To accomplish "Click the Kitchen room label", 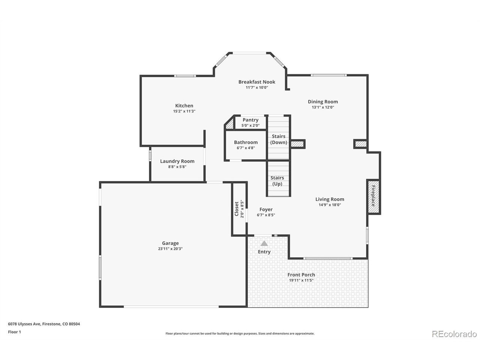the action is tap(184, 106).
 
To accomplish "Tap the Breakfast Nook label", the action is tap(256, 82).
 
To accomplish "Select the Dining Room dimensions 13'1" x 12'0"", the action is tap(323, 107).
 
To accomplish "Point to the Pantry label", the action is tap(250, 120).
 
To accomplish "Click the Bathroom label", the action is tap(246, 142).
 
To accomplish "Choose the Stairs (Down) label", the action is tap(278, 139).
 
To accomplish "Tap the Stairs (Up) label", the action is tap(277, 181).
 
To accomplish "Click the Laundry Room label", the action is tap(177, 161).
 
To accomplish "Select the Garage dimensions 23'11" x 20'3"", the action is tap(170, 249).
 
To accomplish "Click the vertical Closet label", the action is tap(236, 209).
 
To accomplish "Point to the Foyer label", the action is tap(266, 210).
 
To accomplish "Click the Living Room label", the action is tap(330, 199).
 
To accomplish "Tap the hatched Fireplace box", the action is tap(373, 197).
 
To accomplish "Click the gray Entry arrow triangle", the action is tap(264, 243).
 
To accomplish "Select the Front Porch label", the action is tap(301, 275).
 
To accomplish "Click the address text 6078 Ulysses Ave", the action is tap(24, 324).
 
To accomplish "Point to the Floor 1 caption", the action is tap(14, 332).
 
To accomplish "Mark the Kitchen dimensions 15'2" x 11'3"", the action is tap(184, 111).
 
